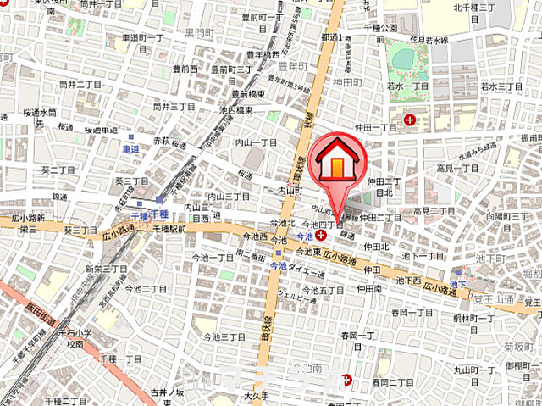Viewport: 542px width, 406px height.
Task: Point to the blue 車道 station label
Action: point(131,147)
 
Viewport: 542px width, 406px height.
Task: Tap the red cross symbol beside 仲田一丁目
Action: point(410,121)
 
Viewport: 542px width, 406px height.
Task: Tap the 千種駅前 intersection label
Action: point(169,228)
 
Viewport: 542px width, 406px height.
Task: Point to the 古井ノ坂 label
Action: point(168,392)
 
